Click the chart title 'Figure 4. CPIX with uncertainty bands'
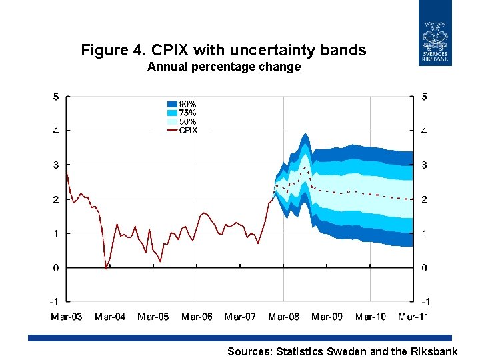click(x=223, y=50)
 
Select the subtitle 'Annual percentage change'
click(x=224, y=67)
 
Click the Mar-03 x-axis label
click(x=67, y=317)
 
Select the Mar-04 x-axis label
click(x=110, y=317)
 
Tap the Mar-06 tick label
click(x=197, y=317)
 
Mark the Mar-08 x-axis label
click(x=283, y=317)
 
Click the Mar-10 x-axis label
click(x=370, y=317)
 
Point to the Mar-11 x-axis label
click(x=413, y=317)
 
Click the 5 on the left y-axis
click(x=56, y=97)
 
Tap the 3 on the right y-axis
click(x=424, y=165)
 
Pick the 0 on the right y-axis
click(x=424, y=267)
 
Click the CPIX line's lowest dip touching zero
click(x=106, y=267)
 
